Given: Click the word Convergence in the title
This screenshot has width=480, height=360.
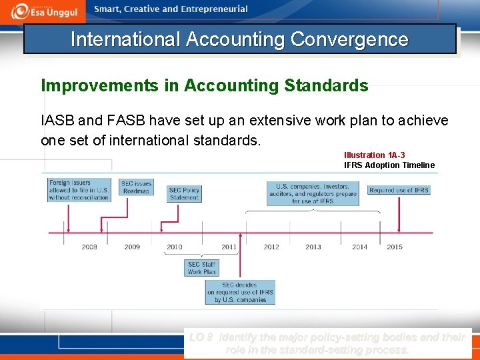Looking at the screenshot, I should (349, 39).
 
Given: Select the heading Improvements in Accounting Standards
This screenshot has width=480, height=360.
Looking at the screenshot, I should (205, 86).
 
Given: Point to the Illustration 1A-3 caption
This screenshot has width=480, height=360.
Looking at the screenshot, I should (374, 155).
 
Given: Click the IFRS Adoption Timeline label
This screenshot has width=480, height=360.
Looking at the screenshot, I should (389, 165).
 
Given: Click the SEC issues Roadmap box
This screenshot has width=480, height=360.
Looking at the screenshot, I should (136, 187).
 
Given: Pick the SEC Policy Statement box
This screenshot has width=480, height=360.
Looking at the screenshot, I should (183, 193).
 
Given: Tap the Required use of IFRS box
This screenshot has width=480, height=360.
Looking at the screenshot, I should (399, 190).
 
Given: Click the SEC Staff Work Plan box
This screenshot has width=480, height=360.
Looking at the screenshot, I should (201, 268).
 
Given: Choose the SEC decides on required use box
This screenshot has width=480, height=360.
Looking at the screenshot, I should (240, 292).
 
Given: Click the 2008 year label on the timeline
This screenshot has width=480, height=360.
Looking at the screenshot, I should (89, 247).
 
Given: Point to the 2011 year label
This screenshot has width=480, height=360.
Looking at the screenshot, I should (229, 247).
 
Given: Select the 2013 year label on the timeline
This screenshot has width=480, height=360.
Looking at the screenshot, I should (313, 247).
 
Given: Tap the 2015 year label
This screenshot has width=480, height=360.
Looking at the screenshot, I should (395, 247).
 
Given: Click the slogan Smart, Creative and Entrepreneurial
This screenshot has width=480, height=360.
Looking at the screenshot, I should (171, 9).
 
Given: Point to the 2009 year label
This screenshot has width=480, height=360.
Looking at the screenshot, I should (132, 247).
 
